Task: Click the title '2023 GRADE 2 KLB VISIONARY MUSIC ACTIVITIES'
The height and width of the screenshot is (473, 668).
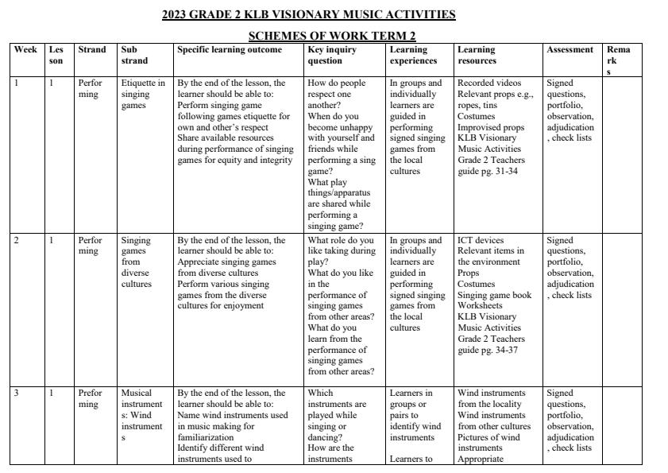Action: (309, 14)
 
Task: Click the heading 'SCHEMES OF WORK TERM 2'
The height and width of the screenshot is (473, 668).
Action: (332, 36)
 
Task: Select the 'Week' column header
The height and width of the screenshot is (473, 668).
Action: (25, 49)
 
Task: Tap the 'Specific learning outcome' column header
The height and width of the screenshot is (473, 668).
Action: (230, 49)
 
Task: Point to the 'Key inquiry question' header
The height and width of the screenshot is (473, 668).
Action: (332, 55)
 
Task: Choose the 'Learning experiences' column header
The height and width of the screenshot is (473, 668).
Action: (413, 55)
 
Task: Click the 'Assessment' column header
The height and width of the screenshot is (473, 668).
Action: (570, 49)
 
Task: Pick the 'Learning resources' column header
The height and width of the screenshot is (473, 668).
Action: (477, 55)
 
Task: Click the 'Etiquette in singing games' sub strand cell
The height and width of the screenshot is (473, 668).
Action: (143, 94)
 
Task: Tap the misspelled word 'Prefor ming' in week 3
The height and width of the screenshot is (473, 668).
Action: (90, 398)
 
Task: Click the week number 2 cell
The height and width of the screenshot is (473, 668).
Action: (17, 240)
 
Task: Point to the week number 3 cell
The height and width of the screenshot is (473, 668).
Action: (17, 393)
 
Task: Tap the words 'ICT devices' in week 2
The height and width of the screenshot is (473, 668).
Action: (480, 240)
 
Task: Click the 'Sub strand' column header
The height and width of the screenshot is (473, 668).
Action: (134, 55)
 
